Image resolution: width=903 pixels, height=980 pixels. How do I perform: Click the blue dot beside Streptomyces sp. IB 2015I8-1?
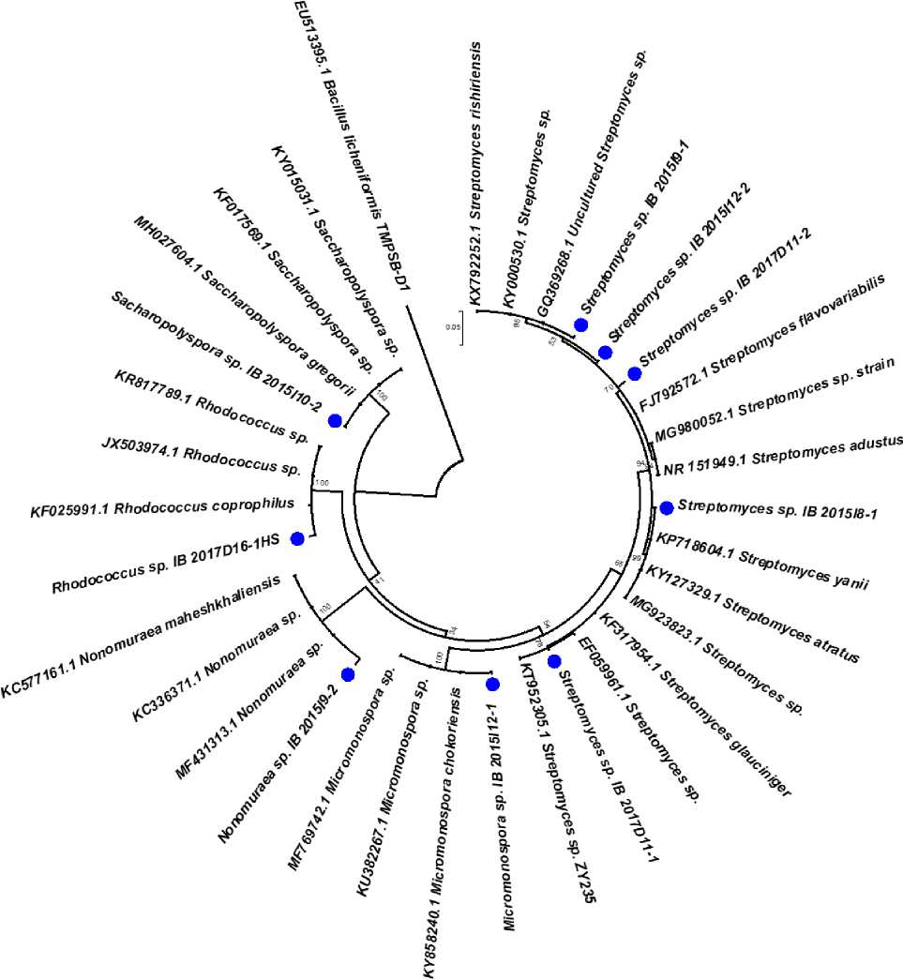coord(667,508)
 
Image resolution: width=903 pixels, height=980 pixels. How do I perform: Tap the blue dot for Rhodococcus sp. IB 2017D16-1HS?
coord(298,538)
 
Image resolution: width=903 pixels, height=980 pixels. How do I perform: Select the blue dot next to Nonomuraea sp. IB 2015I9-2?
coord(348,673)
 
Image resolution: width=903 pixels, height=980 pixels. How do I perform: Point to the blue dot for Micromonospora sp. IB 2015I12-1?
coord(489,686)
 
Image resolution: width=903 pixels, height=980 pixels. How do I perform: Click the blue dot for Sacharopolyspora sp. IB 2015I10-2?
coord(334,421)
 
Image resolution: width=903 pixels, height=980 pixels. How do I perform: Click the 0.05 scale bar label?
coord(453,326)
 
